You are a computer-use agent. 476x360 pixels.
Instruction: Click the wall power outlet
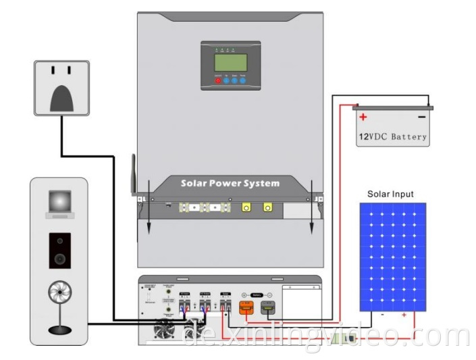coord(62,87)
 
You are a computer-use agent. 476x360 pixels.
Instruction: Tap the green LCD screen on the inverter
coord(230,62)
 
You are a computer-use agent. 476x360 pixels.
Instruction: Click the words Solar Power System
coord(230,184)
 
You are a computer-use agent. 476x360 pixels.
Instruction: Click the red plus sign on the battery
coord(363,118)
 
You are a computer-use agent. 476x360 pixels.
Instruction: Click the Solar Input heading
coord(390,194)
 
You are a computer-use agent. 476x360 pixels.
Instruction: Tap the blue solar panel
coord(392,257)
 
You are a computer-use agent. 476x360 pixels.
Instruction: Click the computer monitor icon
coord(59,203)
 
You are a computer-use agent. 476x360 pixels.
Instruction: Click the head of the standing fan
coord(59,294)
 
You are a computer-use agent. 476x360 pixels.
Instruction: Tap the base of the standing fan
coord(59,330)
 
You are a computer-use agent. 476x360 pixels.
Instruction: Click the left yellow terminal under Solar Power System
coord(247,209)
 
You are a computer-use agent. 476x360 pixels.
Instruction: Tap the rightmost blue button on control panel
coord(242,80)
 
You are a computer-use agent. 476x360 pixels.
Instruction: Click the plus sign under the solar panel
coord(404,315)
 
